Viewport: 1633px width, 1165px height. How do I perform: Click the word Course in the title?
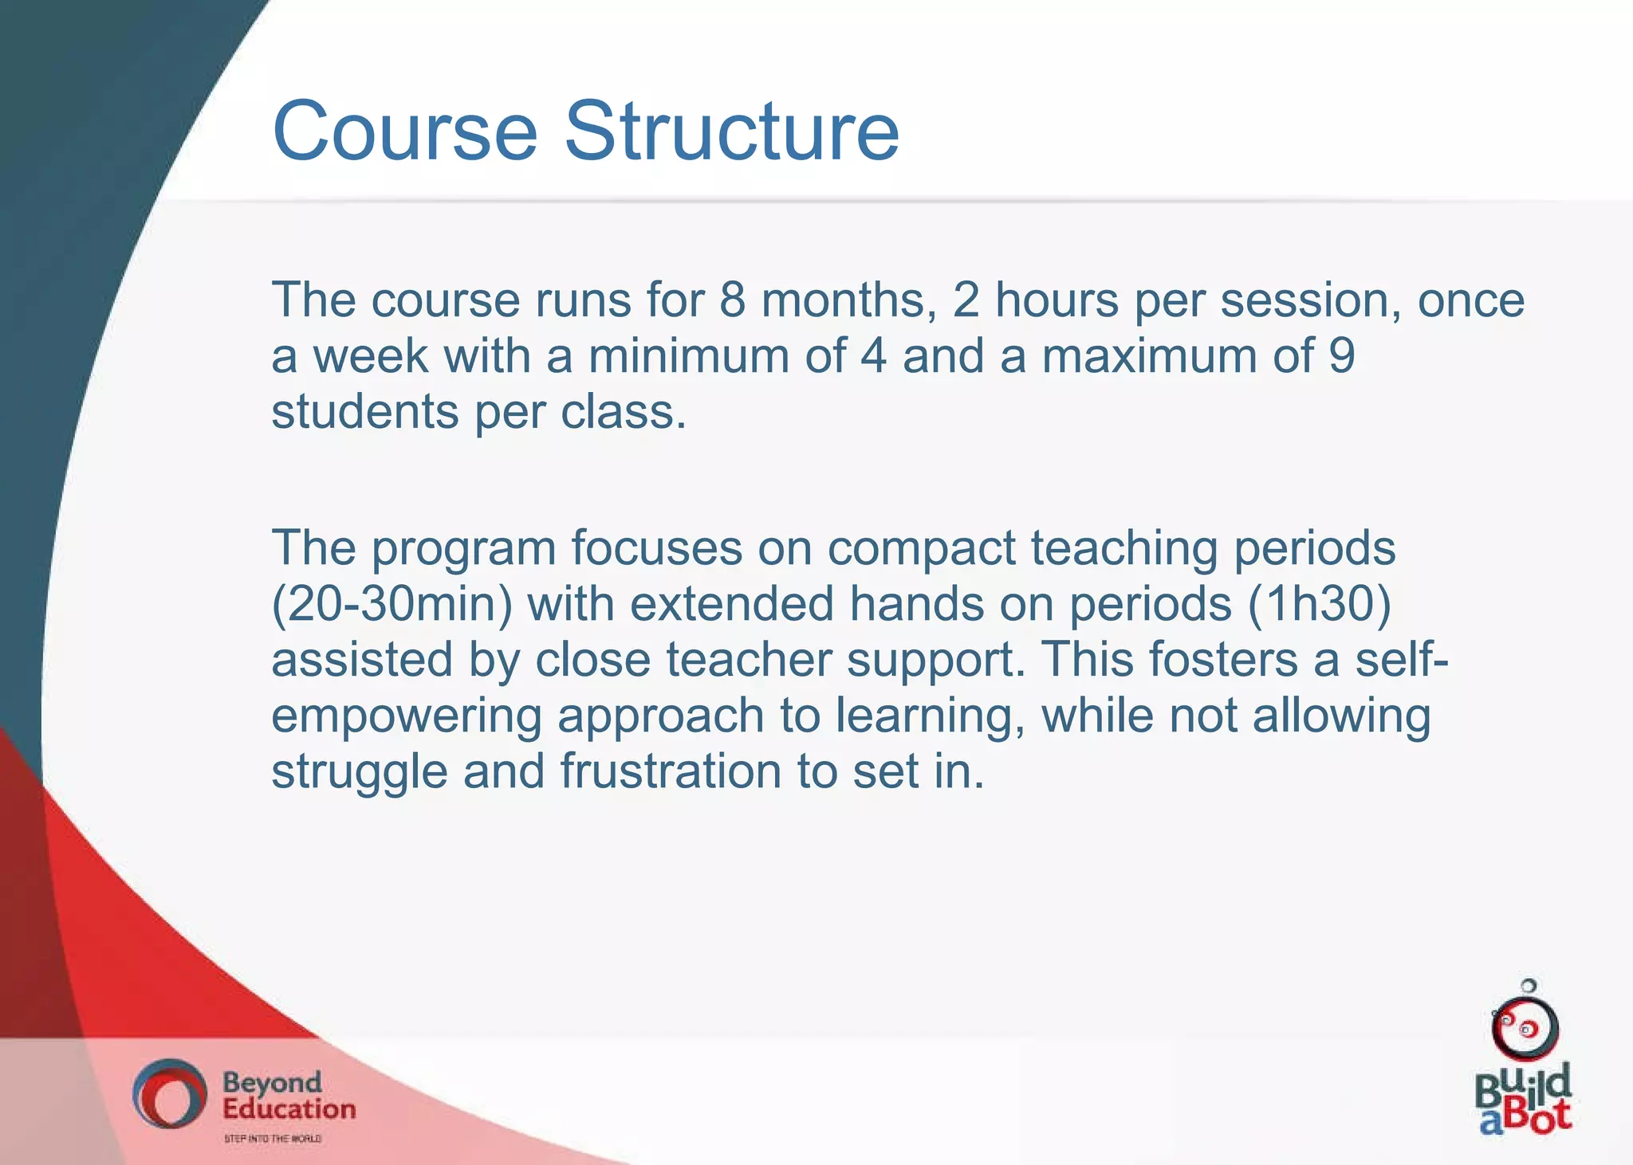tap(405, 131)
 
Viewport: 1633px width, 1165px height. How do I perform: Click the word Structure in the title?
tap(732, 131)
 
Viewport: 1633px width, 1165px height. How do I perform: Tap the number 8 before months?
tap(732, 300)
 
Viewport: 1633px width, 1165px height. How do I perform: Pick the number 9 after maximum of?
tap(1341, 356)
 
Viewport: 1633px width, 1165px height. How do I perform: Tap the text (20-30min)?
tap(392, 605)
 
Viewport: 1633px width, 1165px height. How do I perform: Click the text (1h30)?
tap(1320, 605)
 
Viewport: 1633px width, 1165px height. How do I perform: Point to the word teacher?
tap(749, 661)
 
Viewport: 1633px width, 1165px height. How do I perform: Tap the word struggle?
tap(359, 774)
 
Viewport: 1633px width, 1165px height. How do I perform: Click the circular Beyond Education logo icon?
tap(168, 1094)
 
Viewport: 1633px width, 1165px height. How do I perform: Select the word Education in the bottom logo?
tap(289, 1109)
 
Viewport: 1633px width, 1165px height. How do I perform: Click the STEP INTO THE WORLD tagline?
tap(272, 1139)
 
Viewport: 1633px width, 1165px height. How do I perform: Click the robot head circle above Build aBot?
tap(1525, 1028)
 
